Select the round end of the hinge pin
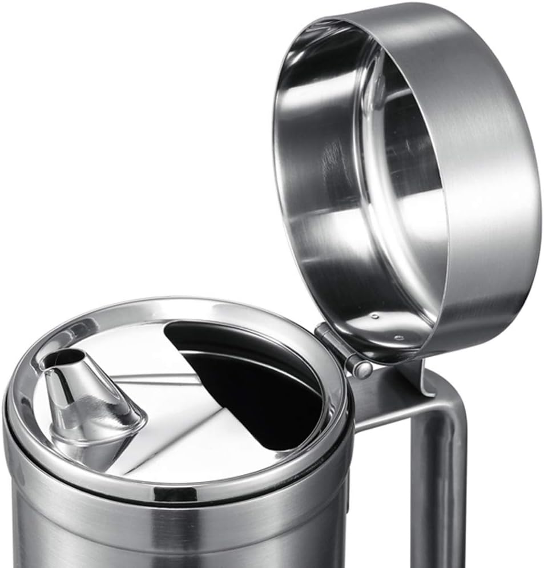[361, 369]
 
